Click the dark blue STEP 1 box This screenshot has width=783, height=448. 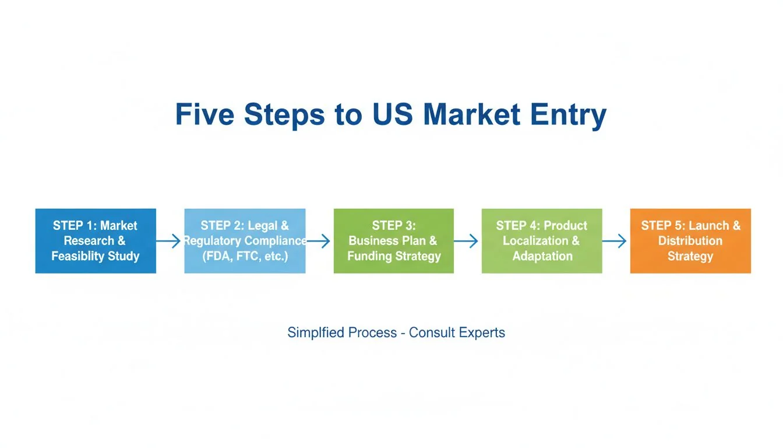coord(96,240)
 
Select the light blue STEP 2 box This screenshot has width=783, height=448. coord(245,240)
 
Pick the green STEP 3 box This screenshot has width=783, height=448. coord(394,240)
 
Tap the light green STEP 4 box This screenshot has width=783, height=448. coord(542,240)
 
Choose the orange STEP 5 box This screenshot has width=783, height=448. coord(690,240)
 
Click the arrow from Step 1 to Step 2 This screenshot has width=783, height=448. coord(170,241)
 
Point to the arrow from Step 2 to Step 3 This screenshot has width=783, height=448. coord(319,241)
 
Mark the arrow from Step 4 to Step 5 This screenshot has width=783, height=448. coord(616,241)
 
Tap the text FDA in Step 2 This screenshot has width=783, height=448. coord(218,256)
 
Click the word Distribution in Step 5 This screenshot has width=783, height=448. coord(690,241)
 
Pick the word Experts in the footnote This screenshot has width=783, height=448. coord(481,333)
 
